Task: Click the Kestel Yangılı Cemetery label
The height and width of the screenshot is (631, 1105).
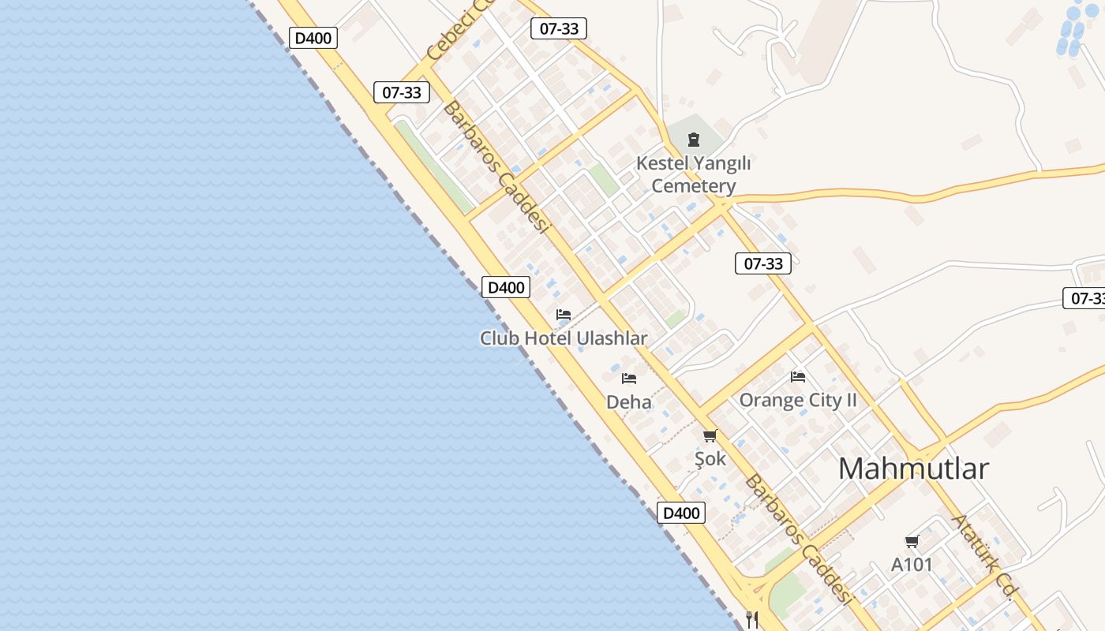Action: (693, 175)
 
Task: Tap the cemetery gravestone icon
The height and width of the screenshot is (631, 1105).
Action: (694, 140)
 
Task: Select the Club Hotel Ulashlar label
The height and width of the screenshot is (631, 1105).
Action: (564, 338)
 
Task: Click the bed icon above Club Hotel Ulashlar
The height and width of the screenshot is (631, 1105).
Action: (564, 314)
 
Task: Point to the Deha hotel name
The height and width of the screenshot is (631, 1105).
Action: (629, 402)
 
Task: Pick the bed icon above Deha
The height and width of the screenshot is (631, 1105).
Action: (629, 379)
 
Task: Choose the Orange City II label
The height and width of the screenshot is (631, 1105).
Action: (797, 400)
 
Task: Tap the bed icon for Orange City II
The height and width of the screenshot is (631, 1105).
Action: (798, 376)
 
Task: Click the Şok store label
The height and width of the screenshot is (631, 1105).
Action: (710, 458)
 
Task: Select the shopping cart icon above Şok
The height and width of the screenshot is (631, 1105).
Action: (710, 435)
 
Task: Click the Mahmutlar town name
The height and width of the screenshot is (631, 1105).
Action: (913, 469)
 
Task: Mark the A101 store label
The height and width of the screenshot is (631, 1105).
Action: (912, 565)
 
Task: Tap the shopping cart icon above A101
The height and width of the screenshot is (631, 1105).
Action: (912, 541)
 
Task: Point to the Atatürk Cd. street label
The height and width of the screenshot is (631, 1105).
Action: (983, 557)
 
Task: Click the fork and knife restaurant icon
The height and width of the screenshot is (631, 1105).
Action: (752, 620)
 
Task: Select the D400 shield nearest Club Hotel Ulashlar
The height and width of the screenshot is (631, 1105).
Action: (506, 287)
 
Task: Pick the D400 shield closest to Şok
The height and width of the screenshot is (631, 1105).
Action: (681, 513)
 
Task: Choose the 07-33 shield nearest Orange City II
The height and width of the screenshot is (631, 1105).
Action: (763, 263)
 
